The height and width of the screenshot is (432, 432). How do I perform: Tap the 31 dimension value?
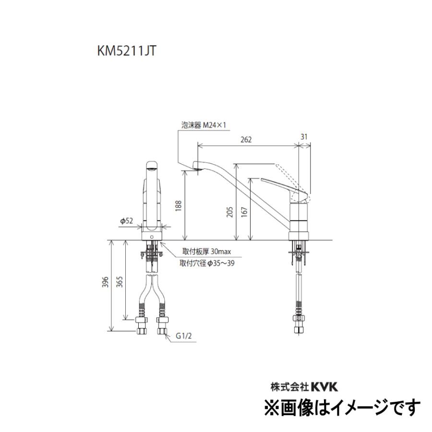tap(304, 137)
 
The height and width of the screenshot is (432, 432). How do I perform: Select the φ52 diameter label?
tap(126, 221)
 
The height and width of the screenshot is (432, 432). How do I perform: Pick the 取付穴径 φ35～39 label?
tap(207, 263)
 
